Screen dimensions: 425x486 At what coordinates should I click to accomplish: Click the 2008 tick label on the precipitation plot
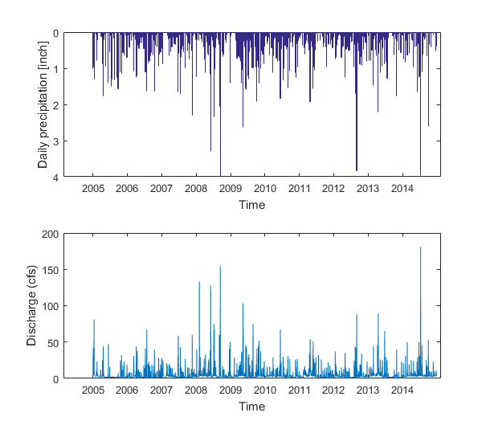(196, 188)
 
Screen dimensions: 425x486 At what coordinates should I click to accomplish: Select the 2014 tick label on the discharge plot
(402, 390)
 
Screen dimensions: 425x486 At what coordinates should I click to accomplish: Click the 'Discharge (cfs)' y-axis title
(32, 306)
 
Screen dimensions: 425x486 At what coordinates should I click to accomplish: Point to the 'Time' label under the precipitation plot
(251, 205)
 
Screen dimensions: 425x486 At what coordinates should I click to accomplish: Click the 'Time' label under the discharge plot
(251, 407)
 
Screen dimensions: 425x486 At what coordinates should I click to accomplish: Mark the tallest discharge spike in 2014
(421, 248)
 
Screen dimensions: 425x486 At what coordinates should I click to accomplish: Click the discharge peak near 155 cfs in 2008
(220, 267)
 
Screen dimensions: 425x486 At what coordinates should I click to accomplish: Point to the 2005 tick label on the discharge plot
(93, 390)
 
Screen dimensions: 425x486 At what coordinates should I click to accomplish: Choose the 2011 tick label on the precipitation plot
(299, 188)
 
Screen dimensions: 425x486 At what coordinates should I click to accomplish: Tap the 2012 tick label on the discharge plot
(333, 390)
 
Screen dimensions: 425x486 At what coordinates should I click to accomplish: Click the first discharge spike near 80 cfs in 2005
(94, 321)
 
